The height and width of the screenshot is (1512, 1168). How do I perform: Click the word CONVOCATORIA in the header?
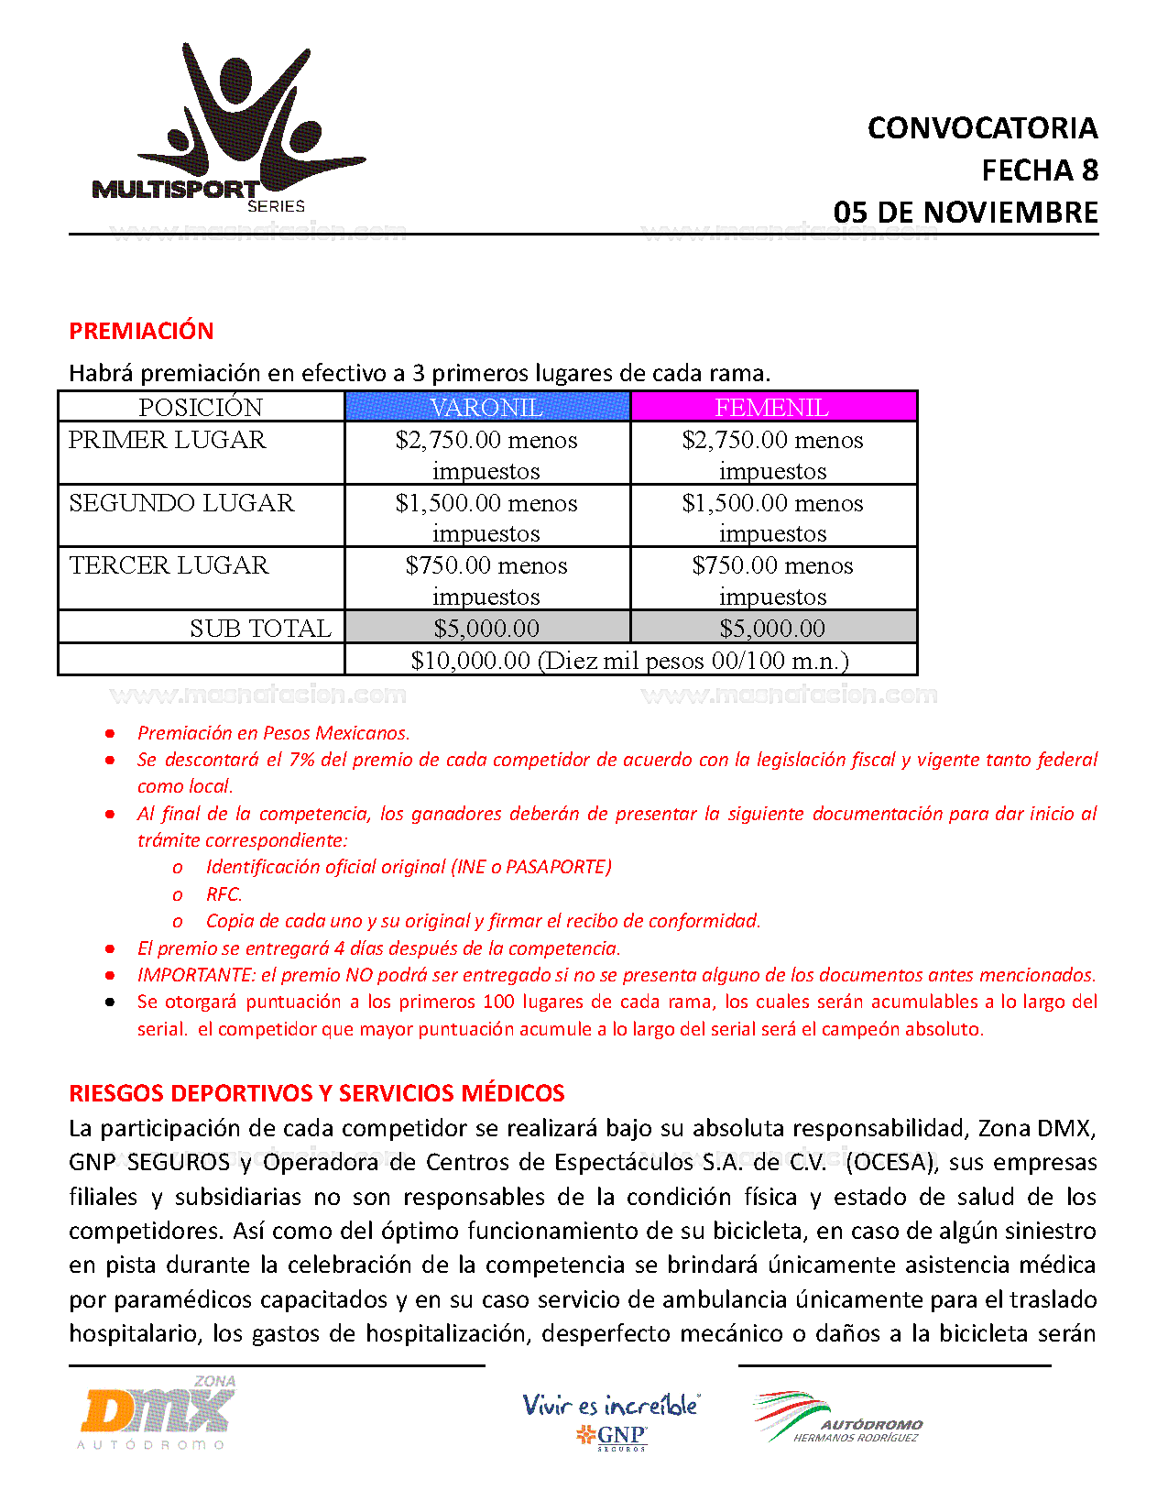pos(982,128)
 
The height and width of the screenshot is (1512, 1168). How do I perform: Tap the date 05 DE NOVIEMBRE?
pos(966,213)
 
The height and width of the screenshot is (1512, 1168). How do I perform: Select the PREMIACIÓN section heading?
pos(141,331)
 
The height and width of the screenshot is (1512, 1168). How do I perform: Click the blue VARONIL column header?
pos(486,407)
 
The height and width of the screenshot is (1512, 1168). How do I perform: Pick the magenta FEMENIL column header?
pos(772,407)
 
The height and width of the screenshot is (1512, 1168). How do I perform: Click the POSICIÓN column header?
pos(201,407)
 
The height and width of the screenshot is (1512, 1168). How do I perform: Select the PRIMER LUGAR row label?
pos(168,440)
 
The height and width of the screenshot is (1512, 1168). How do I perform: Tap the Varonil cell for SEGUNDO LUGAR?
pos(486,517)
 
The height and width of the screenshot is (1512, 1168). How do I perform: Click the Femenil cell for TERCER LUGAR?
pos(772,579)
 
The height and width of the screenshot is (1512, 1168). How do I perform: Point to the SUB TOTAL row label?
pos(260,628)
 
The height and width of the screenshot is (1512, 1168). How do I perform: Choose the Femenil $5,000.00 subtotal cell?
pos(772,628)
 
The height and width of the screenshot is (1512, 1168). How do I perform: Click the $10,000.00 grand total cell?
pos(629,660)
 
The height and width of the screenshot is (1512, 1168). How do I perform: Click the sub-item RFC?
pos(224,894)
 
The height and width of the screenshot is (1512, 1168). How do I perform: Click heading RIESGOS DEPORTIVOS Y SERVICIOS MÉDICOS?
pos(317,1093)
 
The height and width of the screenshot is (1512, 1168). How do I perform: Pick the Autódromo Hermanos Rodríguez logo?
pos(837,1419)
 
